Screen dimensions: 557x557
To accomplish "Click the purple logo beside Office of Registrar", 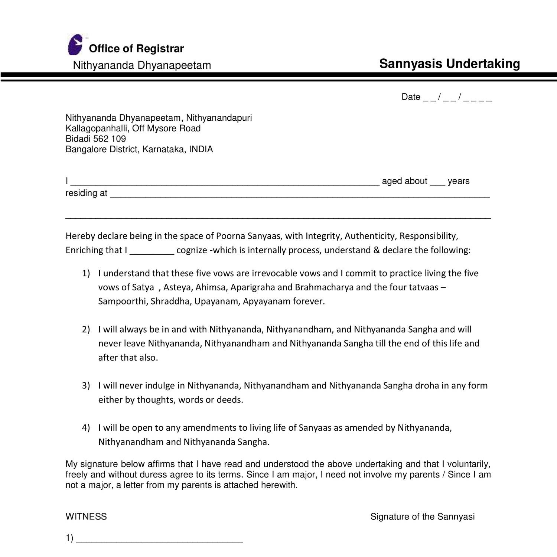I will (x=75, y=45).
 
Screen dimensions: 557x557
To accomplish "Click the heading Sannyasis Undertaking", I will (x=449, y=64).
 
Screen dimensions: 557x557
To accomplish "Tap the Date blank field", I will (x=457, y=98).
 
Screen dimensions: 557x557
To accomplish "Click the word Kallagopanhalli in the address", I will (x=97, y=128).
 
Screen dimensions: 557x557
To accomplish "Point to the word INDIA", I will (x=201, y=149).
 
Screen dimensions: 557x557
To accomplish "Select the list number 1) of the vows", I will (x=86, y=273).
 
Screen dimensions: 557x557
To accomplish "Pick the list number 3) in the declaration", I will (x=86, y=385).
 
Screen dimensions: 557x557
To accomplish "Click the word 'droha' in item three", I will (x=427, y=385).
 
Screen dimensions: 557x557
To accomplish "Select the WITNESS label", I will (x=86, y=517).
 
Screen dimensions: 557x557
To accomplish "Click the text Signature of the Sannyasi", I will (x=423, y=517).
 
